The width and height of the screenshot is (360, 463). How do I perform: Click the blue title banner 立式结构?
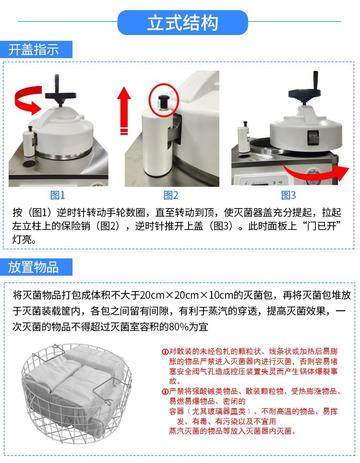pyautogui.click(x=182, y=23)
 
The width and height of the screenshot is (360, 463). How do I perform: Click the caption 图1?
pyautogui.click(x=58, y=195)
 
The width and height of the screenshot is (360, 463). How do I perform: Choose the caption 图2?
pyautogui.click(x=171, y=195)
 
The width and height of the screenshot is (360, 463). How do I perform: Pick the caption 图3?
pyautogui.click(x=288, y=195)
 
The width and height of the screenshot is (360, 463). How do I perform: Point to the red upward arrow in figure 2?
pyautogui.click(x=124, y=108)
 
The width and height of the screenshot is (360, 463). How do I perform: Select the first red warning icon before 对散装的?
pyautogui.click(x=165, y=352)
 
